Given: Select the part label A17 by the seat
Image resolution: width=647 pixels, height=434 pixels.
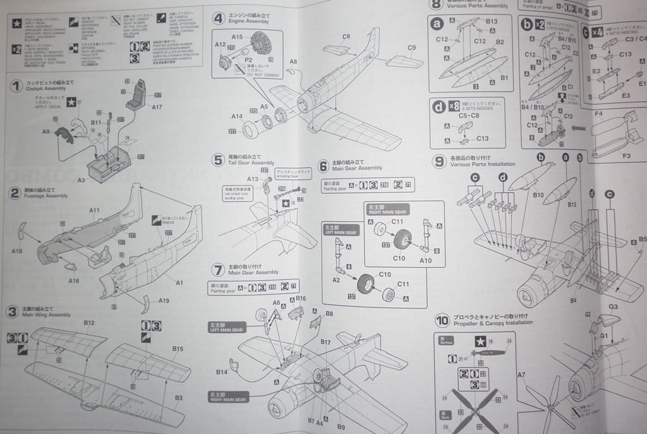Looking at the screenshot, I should tap(157, 107).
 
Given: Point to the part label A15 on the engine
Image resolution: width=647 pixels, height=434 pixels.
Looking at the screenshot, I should tap(237, 37).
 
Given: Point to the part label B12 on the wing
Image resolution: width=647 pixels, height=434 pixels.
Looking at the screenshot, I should tap(89, 322).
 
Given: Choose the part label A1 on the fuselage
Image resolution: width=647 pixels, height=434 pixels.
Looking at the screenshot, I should tap(179, 282).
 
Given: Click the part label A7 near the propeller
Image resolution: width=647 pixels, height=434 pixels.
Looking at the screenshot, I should tap(521, 375).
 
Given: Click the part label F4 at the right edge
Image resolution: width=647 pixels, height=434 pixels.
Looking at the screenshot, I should tap(598, 114).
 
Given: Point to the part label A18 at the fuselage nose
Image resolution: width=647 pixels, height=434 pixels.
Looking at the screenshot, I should tap(16, 251).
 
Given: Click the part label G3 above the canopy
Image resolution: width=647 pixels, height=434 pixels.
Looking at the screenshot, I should tap(612, 306).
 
